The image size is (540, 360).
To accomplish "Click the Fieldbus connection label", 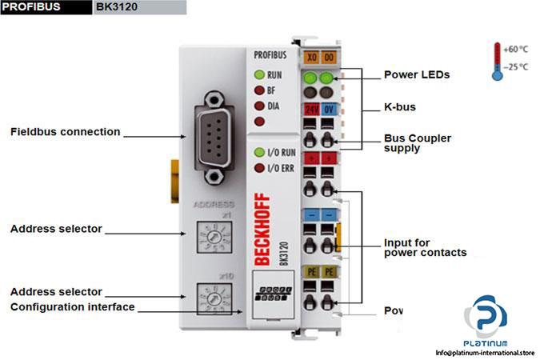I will [x=66, y=132].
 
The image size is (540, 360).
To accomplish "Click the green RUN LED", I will [x=258, y=74].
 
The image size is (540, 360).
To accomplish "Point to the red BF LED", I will [x=258, y=90].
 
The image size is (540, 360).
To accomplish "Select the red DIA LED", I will [x=258, y=106].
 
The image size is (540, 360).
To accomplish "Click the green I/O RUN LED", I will [x=258, y=152].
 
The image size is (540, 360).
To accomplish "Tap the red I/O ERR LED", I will [x=258, y=168].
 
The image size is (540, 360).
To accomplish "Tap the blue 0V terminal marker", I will [x=328, y=108].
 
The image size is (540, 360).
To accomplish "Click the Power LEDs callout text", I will [x=417, y=75].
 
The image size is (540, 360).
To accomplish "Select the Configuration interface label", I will [x=73, y=307].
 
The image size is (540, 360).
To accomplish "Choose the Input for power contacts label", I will [x=425, y=248].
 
